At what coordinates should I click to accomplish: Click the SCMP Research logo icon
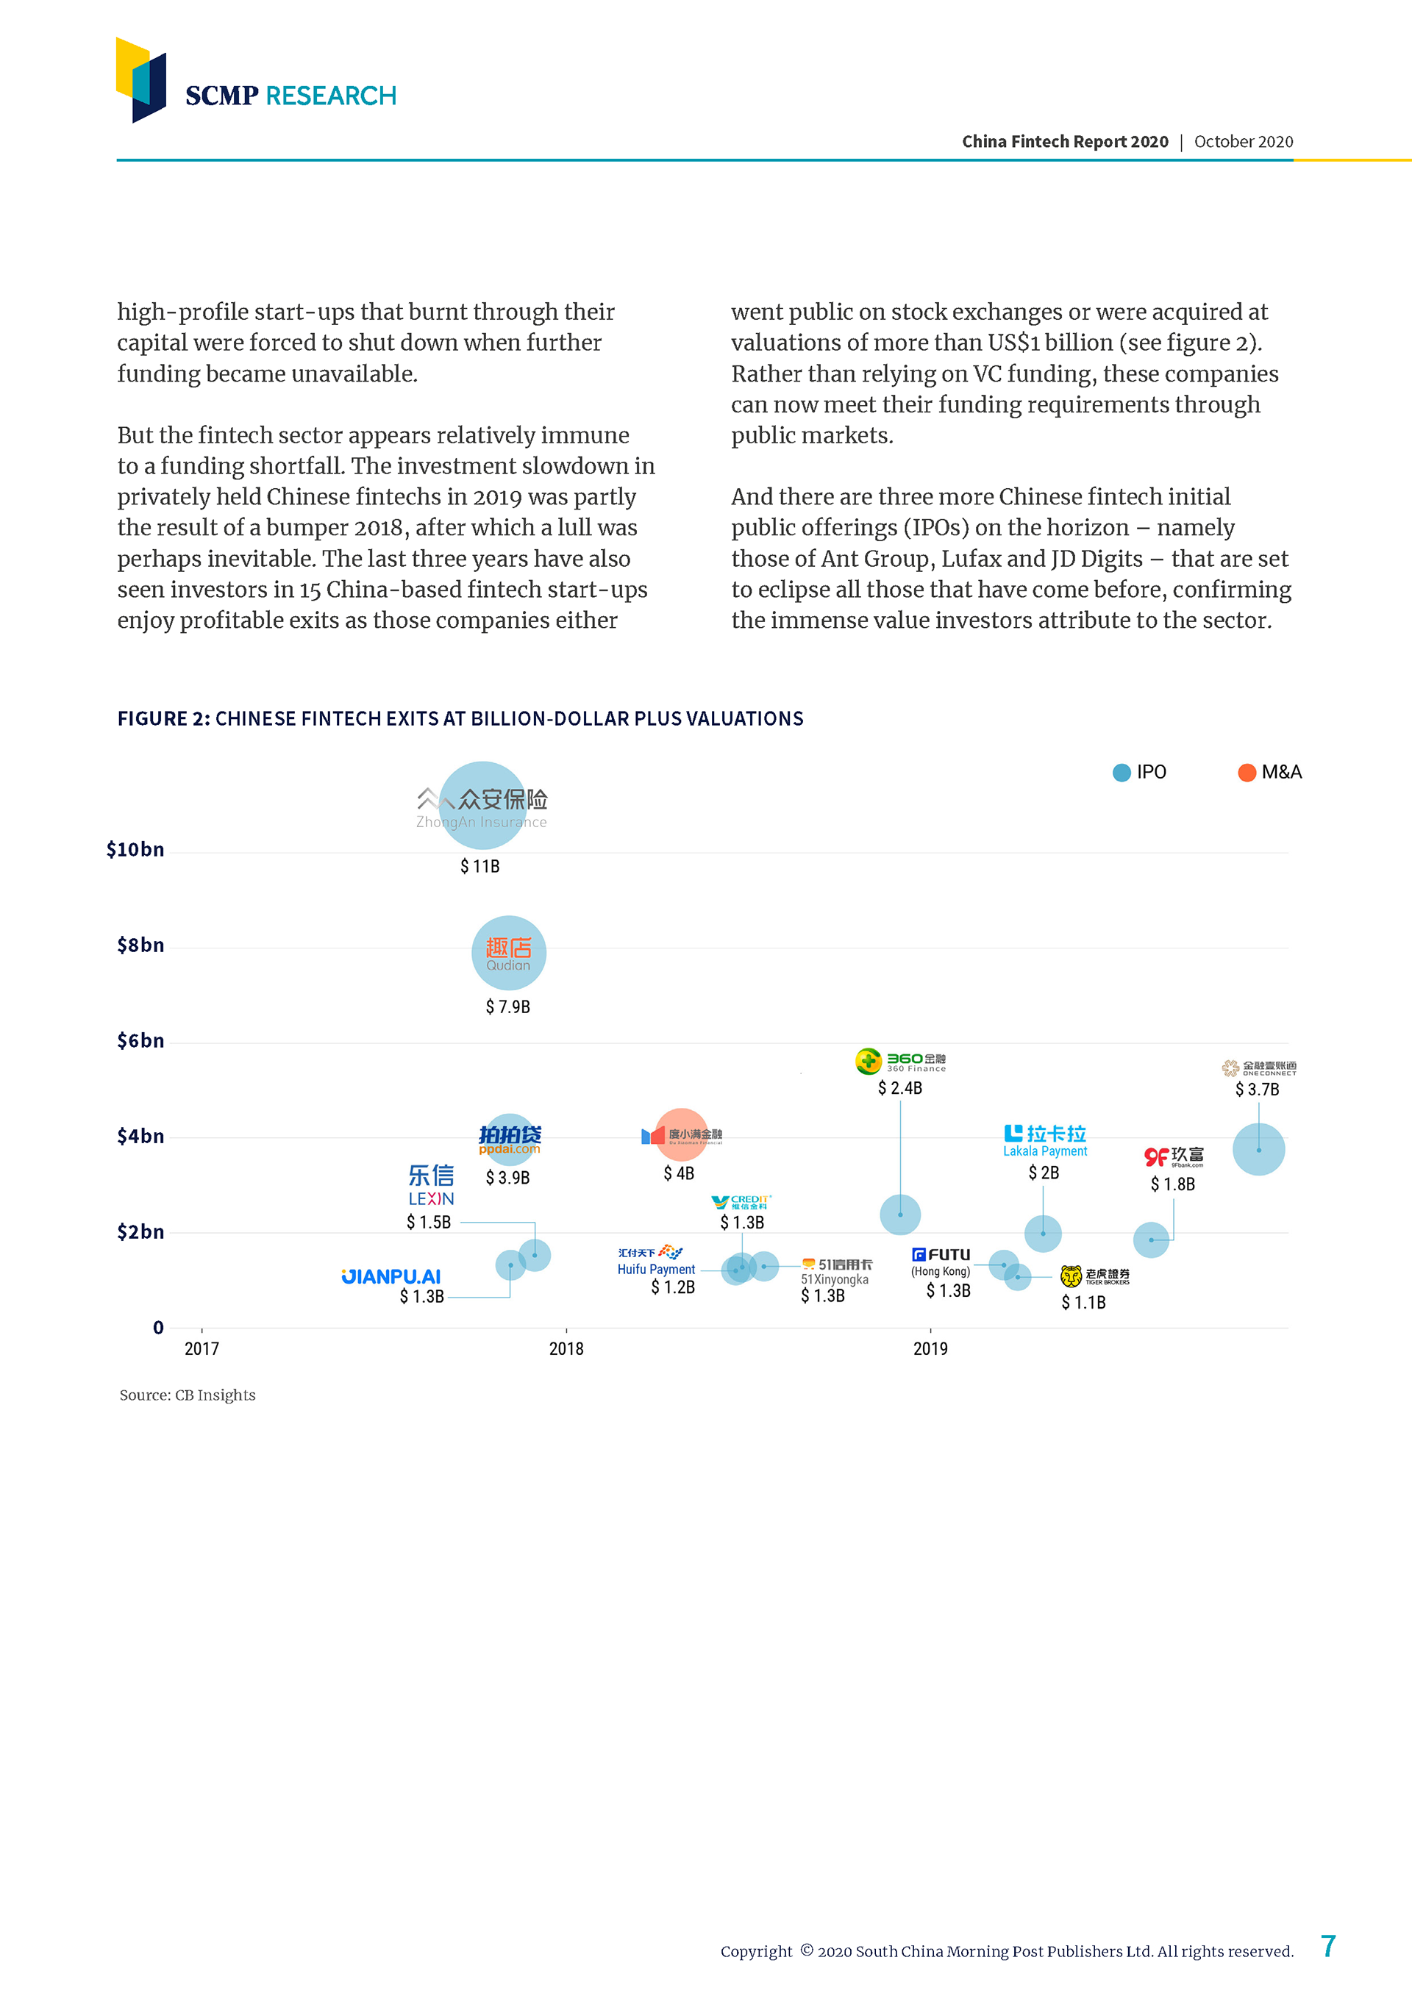pos(141,79)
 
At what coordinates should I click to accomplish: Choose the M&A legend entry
pos(1269,772)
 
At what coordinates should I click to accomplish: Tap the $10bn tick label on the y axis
pos(135,849)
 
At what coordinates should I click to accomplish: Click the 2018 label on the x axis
pos(566,1348)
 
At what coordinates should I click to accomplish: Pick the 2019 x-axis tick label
pos(930,1348)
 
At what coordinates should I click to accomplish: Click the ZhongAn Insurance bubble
pos(482,805)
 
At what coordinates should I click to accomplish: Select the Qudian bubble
pos(509,953)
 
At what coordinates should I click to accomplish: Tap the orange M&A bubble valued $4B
pos(681,1134)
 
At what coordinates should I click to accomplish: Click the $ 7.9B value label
pos(507,1006)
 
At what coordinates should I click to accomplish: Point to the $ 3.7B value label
pos(1258,1090)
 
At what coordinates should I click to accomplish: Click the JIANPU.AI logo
pos(391,1276)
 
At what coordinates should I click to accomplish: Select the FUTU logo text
pos(941,1254)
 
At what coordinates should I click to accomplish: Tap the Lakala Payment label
pos(1045,1151)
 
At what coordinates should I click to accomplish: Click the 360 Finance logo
pos(901,1062)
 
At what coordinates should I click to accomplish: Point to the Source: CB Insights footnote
pos(188,1395)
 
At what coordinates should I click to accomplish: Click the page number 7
pos(1327,1947)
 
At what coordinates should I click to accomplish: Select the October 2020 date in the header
pos(1244,142)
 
